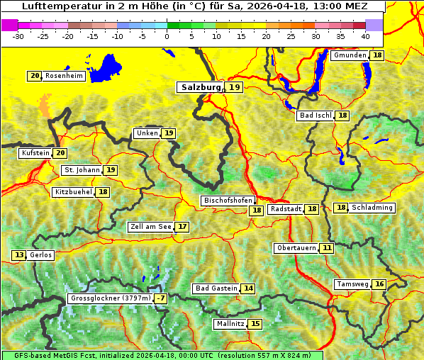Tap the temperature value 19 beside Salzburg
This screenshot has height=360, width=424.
tap(235, 87)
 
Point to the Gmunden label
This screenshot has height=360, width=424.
tap(350, 55)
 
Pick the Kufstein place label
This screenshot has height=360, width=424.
tap(35, 153)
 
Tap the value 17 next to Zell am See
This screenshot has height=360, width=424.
tap(182, 227)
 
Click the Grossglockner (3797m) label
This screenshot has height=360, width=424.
tap(111, 299)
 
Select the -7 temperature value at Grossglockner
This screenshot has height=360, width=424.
tap(161, 299)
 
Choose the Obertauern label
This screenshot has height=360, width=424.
tap(296, 248)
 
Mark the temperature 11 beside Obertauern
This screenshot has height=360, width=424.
tap(326, 248)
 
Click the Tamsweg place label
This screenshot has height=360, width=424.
tap(352, 284)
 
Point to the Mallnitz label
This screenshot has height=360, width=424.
tap(230, 324)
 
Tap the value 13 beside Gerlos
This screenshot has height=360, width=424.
tap(19, 255)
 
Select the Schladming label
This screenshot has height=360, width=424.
tap(372, 208)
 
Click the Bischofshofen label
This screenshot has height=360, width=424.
tap(228, 201)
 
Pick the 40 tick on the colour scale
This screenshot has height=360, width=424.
tap(365, 35)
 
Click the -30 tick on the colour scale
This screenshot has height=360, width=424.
tap(18, 35)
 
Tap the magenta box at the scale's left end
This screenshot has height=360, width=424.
tap(9, 25)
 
